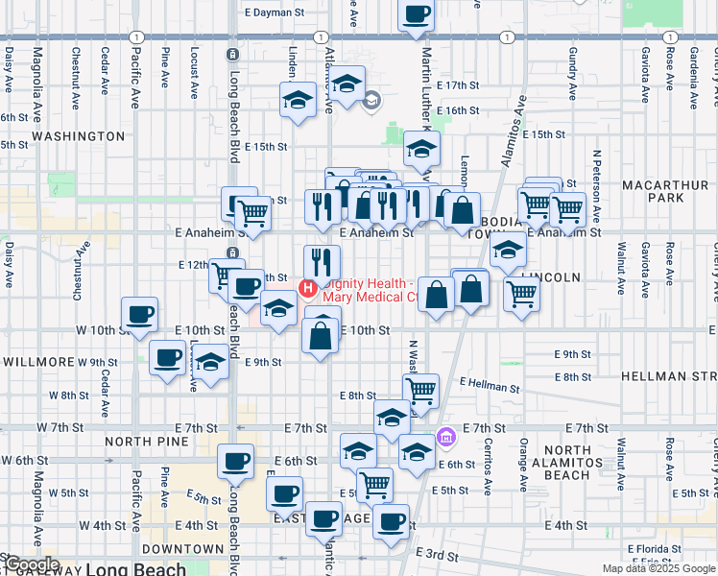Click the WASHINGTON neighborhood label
coord(78,137)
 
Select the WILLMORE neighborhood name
coord(37,362)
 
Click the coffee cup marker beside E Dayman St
coord(416,15)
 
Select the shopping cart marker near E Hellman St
coord(420,390)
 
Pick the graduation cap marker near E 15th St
coord(419,149)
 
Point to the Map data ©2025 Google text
coord(658,568)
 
